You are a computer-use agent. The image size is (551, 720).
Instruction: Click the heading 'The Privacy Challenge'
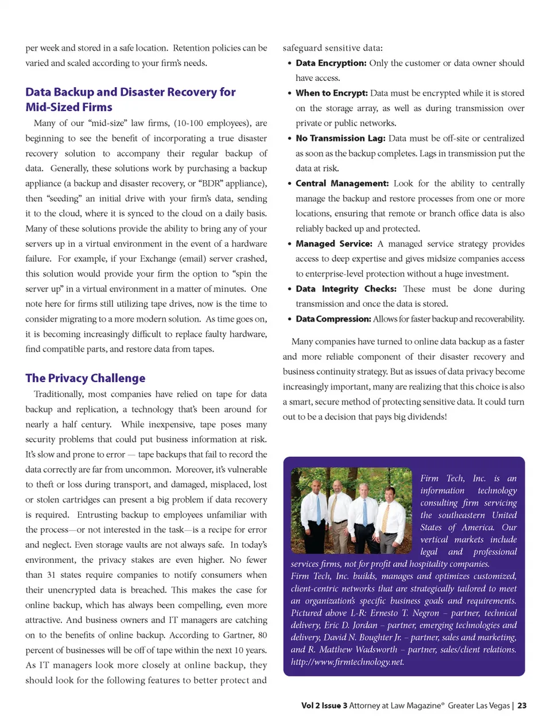[x=85, y=378]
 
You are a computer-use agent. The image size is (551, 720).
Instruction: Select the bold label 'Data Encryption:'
[x=331, y=63]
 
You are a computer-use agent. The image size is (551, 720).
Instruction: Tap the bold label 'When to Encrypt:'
[x=331, y=93]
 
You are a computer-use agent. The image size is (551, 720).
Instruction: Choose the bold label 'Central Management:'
[x=342, y=184]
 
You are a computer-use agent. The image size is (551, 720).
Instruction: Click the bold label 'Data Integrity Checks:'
[x=346, y=289]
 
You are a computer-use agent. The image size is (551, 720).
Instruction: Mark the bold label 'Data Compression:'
[x=333, y=319]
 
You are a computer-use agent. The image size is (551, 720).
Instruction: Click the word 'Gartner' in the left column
[x=239, y=635]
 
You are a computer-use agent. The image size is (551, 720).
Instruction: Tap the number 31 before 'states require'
[x=51, y=575]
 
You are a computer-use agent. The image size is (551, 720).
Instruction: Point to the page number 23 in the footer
[x=522, y=706]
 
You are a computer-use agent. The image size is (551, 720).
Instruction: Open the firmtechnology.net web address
[x=347, y=661]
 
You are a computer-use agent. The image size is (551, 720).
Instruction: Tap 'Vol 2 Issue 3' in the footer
[x=324, y=706]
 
